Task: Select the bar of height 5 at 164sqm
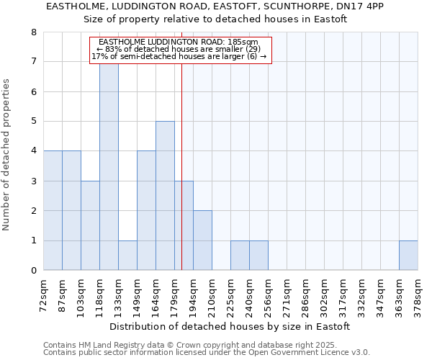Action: click(x=165, y=196)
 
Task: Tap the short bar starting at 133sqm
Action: click(x=127, y=256)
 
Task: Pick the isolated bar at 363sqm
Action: click(x=408, y=256)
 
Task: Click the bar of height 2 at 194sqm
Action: click(x=202, y=240)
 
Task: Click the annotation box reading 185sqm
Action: click(x=180, y=50)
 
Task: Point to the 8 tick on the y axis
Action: click(x=33, y=32)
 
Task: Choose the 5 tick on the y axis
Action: click(x=33, y=122)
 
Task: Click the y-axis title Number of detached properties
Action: click(x=7, y=156)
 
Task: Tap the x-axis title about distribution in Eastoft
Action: click(x=230, y=326)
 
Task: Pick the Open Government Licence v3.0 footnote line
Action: click(x=207, y=353)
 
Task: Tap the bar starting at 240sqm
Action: click(x=258, y=256)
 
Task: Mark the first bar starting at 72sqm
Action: click(x=53, y=210)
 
